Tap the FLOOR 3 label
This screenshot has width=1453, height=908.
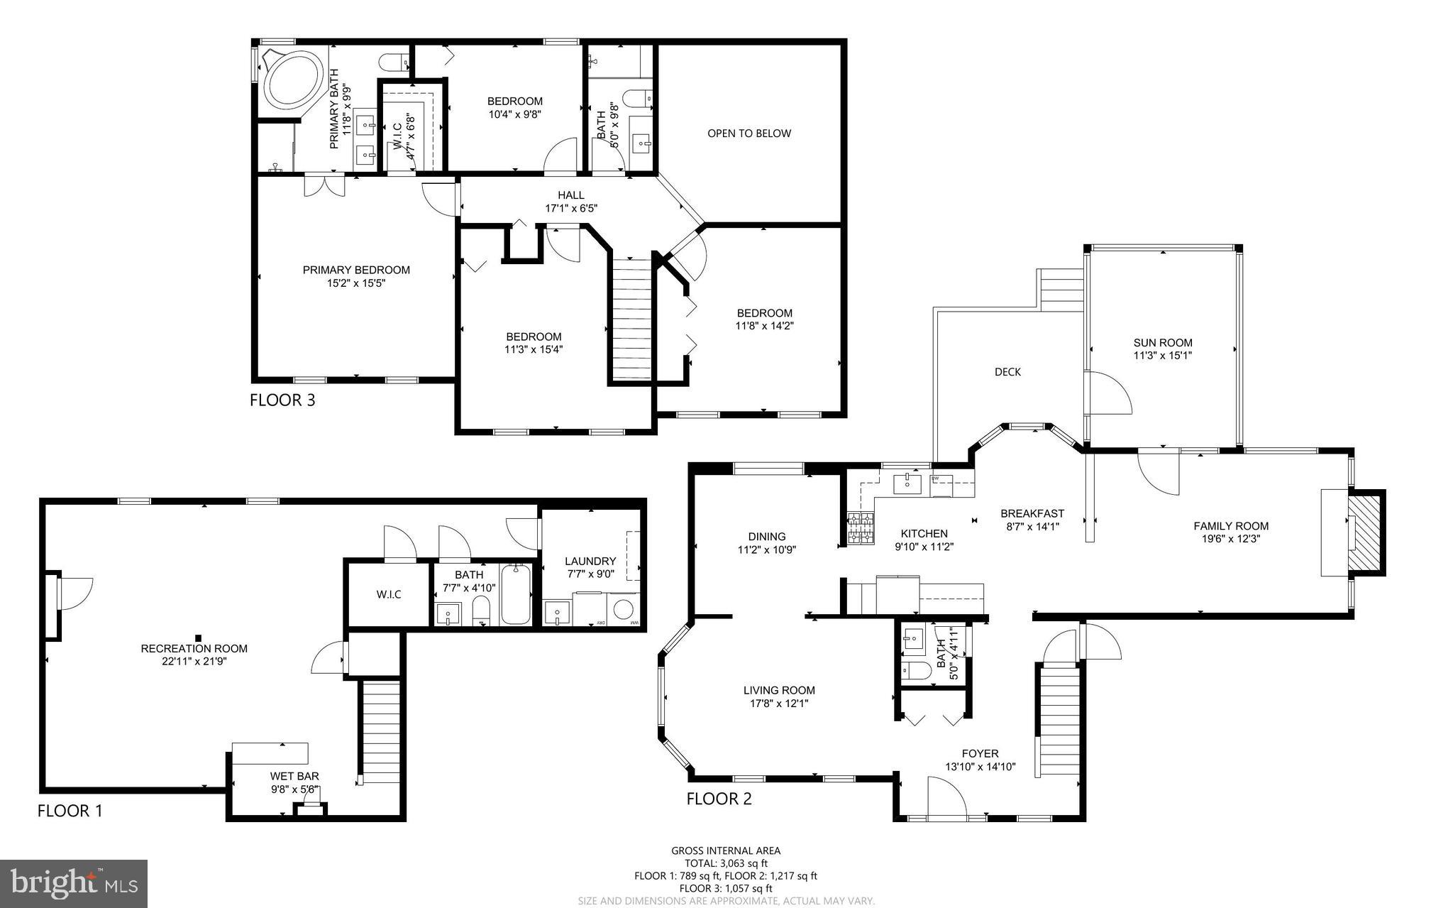click(282, 400)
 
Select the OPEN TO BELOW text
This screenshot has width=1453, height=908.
click(748, 133)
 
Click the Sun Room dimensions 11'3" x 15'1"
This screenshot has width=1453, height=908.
click(1162, 356)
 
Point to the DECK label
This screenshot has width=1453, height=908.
click(1007, 372)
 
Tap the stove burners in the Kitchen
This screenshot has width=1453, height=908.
click(860, 528)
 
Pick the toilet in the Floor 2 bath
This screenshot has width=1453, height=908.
click(916, 670)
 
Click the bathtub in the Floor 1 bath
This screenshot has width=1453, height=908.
click(516, 595)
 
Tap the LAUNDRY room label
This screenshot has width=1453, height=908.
click(590, 561)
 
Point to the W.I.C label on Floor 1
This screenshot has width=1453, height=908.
click(389, 594)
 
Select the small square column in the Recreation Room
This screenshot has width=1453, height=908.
click(199, 638)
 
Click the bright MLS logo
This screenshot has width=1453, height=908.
click(74, 883)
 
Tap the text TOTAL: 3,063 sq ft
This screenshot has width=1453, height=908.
click(725, 863)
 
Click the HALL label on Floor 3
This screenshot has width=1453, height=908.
click(570, 195)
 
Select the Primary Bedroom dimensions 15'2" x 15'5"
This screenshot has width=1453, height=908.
click(356, 283)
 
